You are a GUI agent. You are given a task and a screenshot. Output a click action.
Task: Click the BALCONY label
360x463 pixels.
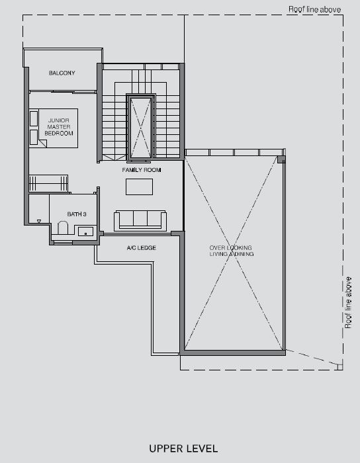62,73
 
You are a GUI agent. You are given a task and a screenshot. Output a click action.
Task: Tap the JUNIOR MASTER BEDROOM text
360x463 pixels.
59,127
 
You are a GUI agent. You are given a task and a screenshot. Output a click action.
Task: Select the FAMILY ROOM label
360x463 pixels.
142,170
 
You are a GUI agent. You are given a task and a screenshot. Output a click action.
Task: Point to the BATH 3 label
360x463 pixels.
77,214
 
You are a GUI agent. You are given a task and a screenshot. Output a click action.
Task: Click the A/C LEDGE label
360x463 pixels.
142,248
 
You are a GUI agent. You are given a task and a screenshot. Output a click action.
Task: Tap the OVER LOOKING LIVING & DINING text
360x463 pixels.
232,251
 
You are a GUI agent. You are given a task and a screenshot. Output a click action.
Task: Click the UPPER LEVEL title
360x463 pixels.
183,448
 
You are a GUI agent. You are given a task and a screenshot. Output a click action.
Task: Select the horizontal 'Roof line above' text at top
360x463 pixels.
314,9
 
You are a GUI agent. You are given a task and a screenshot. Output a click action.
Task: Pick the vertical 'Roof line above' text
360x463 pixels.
349,302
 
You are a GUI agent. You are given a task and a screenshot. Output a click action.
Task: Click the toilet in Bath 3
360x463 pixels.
63,228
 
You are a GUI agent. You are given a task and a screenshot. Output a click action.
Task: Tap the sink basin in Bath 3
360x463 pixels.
85,232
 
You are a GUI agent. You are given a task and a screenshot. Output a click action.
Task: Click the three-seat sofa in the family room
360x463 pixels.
140,220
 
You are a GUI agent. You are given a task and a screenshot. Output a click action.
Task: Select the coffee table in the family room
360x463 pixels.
139,187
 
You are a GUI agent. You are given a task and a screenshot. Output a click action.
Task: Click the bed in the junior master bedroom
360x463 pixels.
54,128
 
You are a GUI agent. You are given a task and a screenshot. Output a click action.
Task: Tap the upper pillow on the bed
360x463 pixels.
34,118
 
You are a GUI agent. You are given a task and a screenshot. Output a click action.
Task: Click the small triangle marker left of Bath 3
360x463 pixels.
39,221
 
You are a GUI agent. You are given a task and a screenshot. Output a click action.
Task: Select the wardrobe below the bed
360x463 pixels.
48,183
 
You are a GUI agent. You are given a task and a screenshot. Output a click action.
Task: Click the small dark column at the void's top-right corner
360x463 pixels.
281,159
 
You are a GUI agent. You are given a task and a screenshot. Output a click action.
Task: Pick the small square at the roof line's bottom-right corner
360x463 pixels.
340,367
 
